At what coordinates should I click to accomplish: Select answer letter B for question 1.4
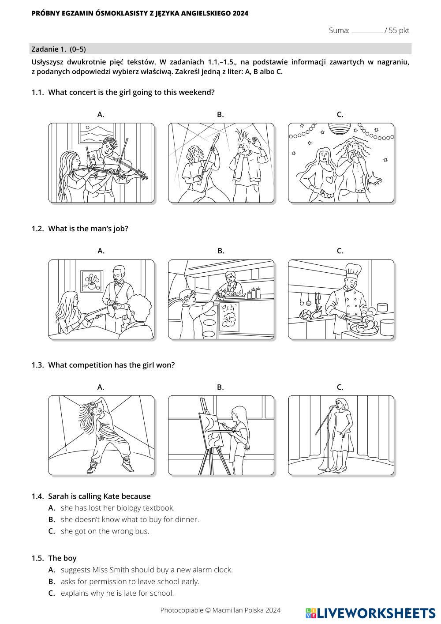click(52, 519)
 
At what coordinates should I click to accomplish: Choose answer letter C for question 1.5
click(52, 593)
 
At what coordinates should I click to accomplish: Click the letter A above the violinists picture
click(101, 114)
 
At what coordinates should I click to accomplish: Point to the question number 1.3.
click(37, 365)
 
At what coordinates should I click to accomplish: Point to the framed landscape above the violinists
click(96, 133)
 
